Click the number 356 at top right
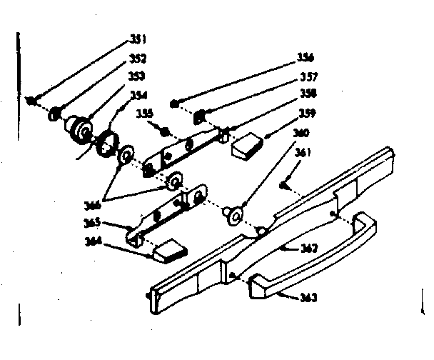pyautogui.click(x=306, y=57)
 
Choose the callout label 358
pyautogui.click(x=308, y=93)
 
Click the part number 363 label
pyautogui.click(x=309, y=296)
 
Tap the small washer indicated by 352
pyautogui.click(x=54, y=113)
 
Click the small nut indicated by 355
pyautogui.click(x=165, y=131)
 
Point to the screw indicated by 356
pyautogui.click(x=175, y=104)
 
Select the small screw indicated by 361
pyautogui.click(x=283, y=186)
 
